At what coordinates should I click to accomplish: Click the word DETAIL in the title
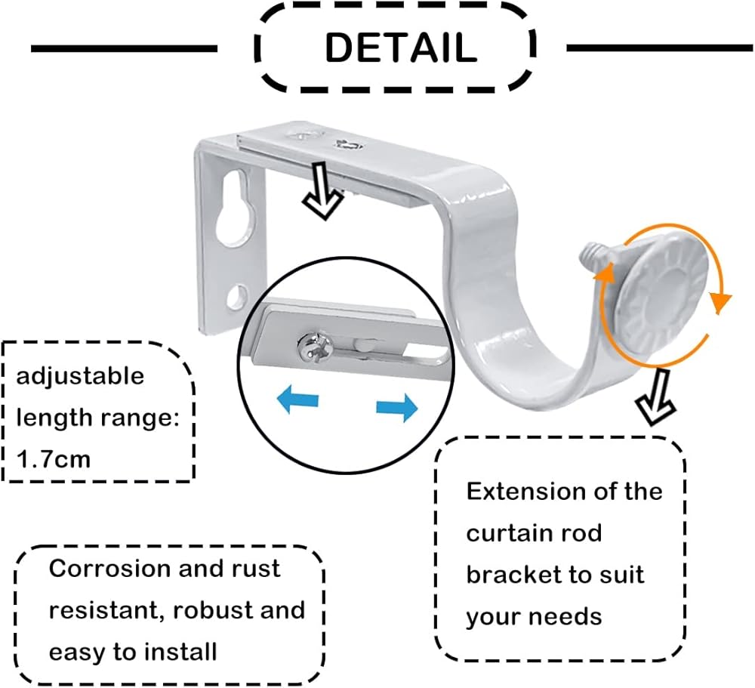coord(400,48)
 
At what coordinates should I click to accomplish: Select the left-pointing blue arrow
coord(297,398)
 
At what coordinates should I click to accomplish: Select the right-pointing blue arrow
coord(397,408)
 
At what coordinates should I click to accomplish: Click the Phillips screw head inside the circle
coord(312,346)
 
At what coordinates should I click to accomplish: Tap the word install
coord(183,650)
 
